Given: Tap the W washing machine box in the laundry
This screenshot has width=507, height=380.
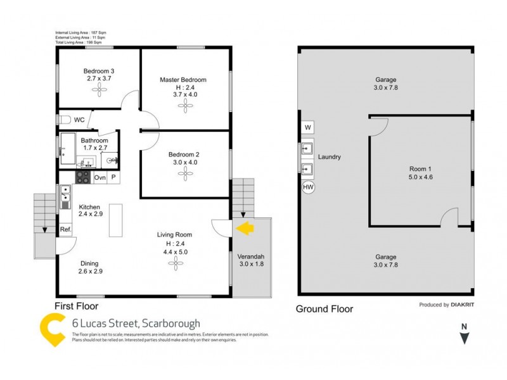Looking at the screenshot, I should (x=308, y=127).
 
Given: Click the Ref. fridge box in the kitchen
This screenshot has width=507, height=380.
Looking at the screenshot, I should (x=65, y=229).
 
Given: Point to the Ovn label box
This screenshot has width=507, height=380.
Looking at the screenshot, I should (x=100, y=178).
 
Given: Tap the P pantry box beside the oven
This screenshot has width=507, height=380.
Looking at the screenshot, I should (x=113, y=178).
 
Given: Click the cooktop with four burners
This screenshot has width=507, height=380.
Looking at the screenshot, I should (x=84, y=178).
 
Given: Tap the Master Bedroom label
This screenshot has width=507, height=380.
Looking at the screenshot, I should (x=183, y=80).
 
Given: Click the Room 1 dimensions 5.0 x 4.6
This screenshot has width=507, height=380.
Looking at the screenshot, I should (x=420, y=178).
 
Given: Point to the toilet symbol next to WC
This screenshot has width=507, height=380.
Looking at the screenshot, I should (x=64, y=119).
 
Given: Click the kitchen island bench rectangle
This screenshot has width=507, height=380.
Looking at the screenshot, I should (x=115, y=219).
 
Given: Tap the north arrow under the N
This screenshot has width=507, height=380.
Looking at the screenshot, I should (x=465, y=339).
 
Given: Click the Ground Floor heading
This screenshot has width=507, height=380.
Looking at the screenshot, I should (x=324, y=309).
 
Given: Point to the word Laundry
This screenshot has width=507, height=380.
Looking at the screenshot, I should (x=330, y=157).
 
